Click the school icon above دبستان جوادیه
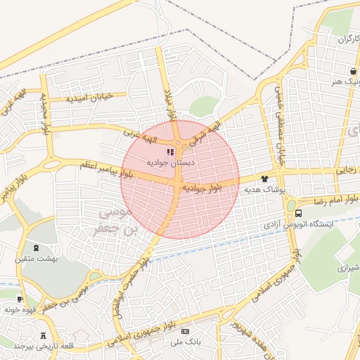pyautogui.click(x=169, y=151)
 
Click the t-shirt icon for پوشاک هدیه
pyautogui.click(x=266, y=179)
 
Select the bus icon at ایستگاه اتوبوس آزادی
pyautogui.click(x=299, y=213)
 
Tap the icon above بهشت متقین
pyautogui.click(x=37, y=247)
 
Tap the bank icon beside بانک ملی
pyautogui.click(x=185, y=331)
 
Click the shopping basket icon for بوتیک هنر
pyautogui.click(x=352, y=71)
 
